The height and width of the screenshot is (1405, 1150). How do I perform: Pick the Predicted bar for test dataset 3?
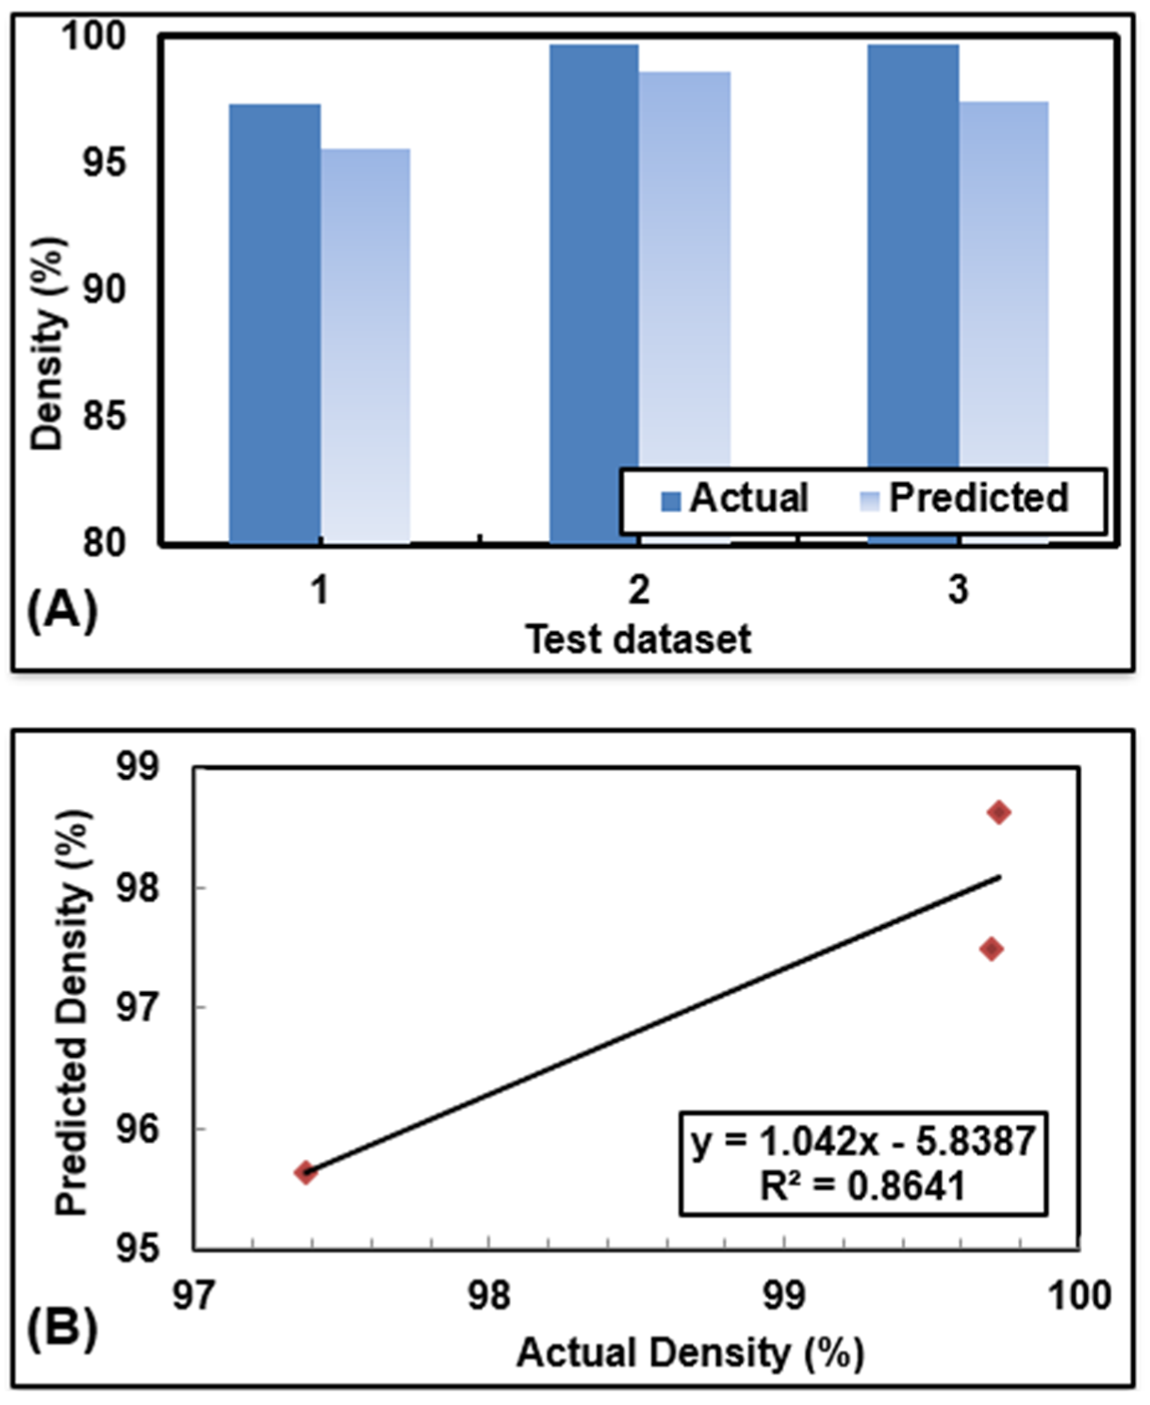[x=1004, y=283]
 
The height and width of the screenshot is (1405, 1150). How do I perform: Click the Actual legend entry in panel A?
[x=735, y=498]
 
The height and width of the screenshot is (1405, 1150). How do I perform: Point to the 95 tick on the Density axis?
[x=104, y=162]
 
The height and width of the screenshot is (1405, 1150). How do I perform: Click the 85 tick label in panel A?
[x=104, y=415]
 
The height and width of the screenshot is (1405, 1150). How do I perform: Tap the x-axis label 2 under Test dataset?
[x=639, y=589]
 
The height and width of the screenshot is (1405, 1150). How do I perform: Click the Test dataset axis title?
[x=638, y=639]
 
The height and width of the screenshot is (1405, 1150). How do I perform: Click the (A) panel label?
[x=62, y=611]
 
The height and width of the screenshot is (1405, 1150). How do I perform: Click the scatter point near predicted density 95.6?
[x=305, y=1172]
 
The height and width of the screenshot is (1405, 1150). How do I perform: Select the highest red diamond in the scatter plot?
[x=999, y=812]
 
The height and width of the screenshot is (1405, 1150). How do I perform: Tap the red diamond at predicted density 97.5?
[x=991, y=949]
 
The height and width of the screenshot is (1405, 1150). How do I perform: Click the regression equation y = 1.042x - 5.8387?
[x=863, y=1141]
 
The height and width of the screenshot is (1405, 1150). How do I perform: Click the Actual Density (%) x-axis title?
[x=689, y=1352]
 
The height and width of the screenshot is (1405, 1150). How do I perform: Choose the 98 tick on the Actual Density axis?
[x=488, y=1296]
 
